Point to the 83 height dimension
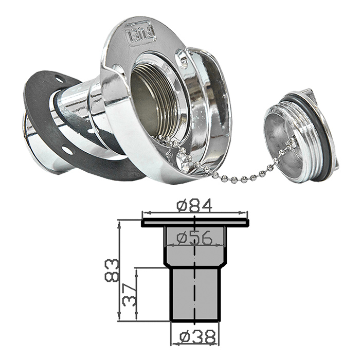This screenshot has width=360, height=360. pos(112,271)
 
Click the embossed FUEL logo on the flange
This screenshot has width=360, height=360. pos(137,34)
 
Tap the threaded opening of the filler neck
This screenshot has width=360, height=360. pos(156,101)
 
